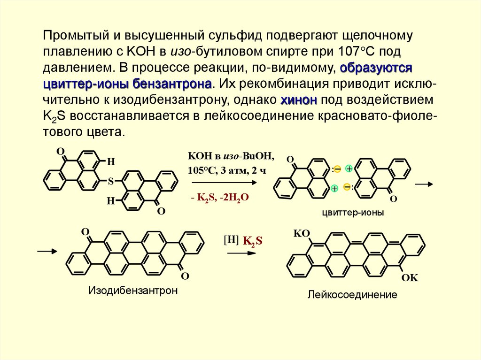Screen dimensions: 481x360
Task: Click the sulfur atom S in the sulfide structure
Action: (111, 180)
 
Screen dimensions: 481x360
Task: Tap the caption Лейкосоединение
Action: (352, 295)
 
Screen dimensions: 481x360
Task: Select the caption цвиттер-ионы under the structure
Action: (353, 213)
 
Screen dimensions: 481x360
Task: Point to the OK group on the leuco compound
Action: (409, 278)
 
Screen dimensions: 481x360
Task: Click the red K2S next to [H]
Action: (252, 241)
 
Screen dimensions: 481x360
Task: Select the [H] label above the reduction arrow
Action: (232, 239)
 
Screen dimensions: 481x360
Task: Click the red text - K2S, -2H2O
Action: (219, 198)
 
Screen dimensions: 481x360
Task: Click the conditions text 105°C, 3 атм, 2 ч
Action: (227, 170)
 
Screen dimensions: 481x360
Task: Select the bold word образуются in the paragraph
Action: (376, 68)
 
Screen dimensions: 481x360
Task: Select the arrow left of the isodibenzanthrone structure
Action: (47, 252)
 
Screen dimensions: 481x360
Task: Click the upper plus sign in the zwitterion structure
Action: (349, 169)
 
